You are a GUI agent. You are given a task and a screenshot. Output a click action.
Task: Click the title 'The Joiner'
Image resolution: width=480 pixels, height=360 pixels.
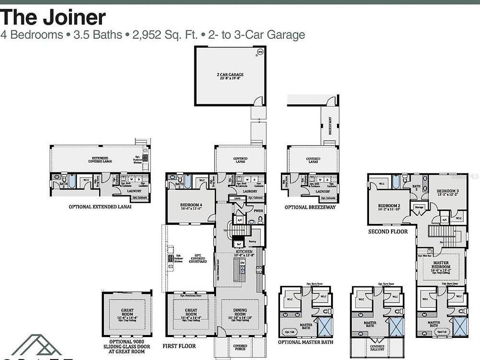[53, 17]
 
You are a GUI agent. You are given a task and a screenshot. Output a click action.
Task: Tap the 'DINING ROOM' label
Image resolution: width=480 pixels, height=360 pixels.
[241, 313]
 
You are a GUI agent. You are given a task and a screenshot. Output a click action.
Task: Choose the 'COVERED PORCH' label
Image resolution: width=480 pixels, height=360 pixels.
[240, 348]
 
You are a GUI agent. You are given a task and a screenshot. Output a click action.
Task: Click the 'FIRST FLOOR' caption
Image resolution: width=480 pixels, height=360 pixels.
[179, 346]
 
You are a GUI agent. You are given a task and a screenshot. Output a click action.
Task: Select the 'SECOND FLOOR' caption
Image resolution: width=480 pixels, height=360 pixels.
[388, 232]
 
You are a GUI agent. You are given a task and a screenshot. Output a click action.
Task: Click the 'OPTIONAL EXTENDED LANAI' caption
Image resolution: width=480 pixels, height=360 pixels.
[100, 207]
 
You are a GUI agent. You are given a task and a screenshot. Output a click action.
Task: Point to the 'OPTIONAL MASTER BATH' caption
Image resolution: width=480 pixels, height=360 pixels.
[306, 342]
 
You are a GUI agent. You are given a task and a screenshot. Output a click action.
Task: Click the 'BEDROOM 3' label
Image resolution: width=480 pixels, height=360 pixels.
[448, 193]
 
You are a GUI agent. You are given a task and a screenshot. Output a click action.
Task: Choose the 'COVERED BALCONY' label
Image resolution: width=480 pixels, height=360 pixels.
[377, 348]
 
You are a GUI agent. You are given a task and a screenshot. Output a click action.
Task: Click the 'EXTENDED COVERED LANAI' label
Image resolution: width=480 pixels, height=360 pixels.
[100, 160]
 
